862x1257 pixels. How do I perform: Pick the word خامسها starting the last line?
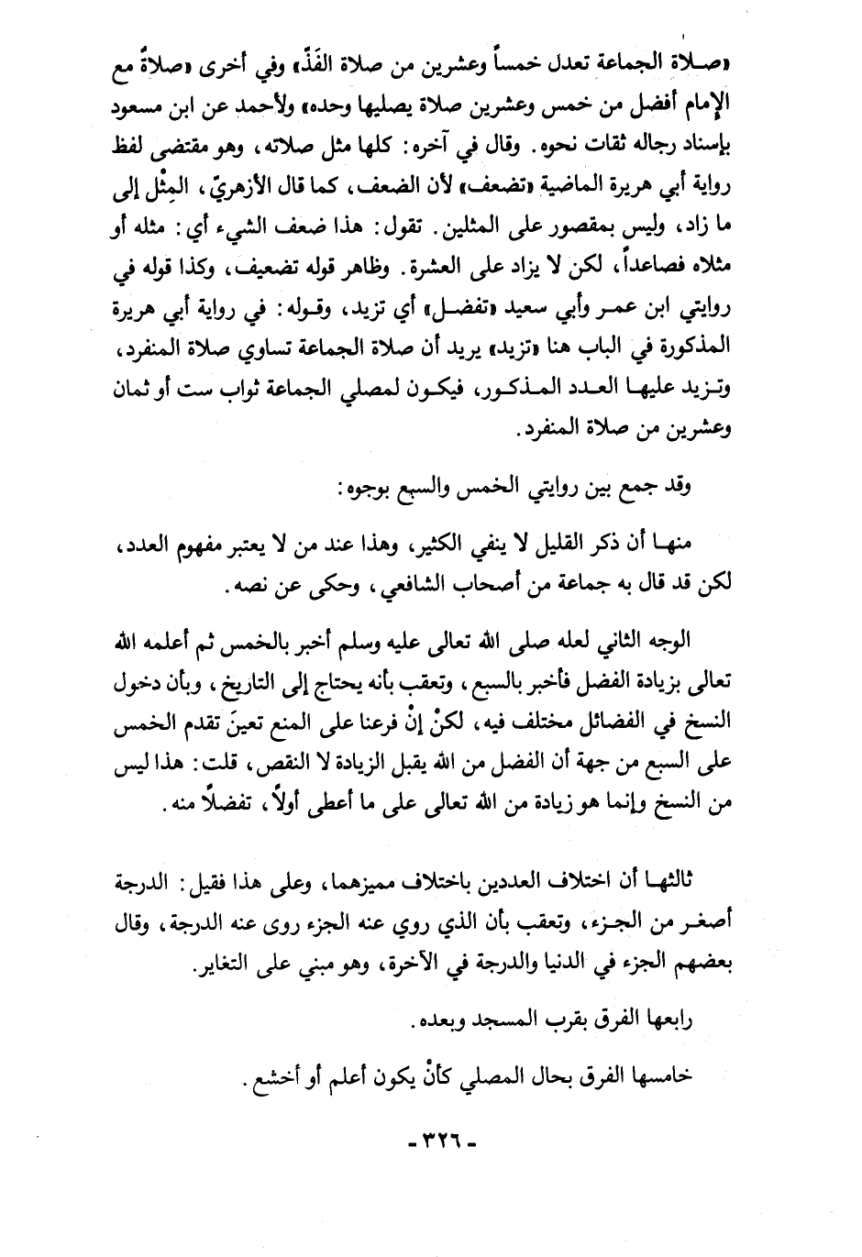(x=666, y=1076)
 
